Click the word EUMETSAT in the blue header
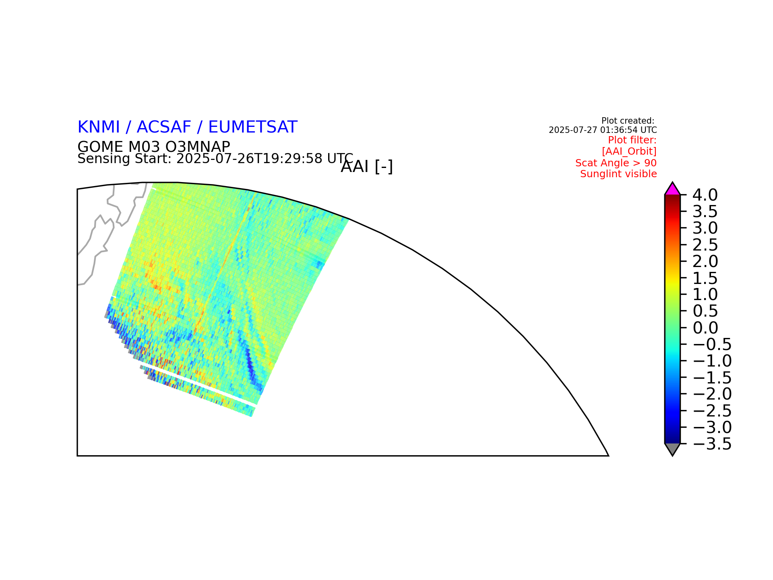pyautogui.click(x=253, y=127)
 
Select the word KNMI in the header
pyautogui.click(x=99, y=127)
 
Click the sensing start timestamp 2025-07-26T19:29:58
pyautogui.click(x=250, y=159)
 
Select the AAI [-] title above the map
pyautogui.click(x=367, y=167)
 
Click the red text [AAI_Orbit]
pyautogui.click(x=629, y=151)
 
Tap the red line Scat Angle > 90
pyautogui.click(x=616, y=163)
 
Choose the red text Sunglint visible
pyautogui.click(x=618, y=174)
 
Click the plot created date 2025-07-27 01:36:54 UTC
pyautogui.click(x=603, y=130)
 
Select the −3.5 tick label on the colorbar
pyautogui.click(x=712, y=444)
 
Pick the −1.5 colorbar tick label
pyautogui.click(x=712, y=378)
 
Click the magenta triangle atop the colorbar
pyautogui.click(x=672, y=190)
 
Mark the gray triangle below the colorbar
pyautogui.click(x=672, y=448)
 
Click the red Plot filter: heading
pyautogui.click(x=632, y=140)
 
